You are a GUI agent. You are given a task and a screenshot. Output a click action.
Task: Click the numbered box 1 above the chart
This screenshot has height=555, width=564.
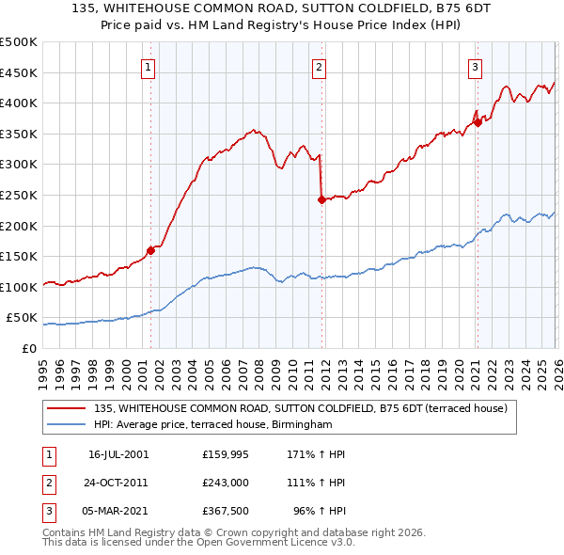pyautogui.click(x=149, y=67)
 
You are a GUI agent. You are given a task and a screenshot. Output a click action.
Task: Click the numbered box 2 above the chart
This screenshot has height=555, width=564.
pyautogui.click(x=320, y=67)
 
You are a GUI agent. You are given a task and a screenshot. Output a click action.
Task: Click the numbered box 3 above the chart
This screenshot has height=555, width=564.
pyautogui.click(x=476, y=67)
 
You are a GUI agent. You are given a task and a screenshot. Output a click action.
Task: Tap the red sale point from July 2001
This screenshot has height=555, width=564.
pyautogui.click(x=150, y=250)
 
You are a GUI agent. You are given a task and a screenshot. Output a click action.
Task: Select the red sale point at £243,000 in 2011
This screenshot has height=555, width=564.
pyautogui.click(x=321, y=199)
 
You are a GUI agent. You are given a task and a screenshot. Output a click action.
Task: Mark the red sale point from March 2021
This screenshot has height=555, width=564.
pyautogui.click(x=477, y=122)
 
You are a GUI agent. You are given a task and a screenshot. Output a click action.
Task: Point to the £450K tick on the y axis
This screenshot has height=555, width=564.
pyautogui.click(x=19, y=72)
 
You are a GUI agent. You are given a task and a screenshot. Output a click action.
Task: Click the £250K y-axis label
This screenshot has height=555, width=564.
pyautogui.click(x=19, y=195)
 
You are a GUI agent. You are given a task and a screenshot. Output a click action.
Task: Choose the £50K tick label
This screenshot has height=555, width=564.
pyautogui.click(x=22, y=318)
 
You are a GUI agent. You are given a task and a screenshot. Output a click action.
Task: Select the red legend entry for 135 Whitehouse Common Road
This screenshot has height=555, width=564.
pyautogui.click(x=301, y=408)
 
